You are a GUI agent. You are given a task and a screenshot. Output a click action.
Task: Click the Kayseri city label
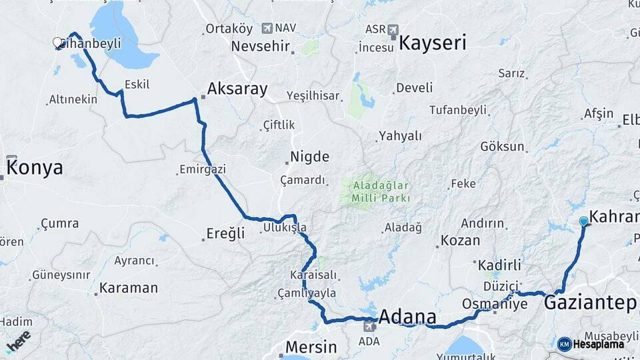point(433,43)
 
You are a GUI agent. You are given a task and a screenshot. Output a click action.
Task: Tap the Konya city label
point(35,167)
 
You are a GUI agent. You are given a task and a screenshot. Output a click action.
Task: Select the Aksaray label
point(237,88)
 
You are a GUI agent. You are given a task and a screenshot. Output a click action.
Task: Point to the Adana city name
point(407,317)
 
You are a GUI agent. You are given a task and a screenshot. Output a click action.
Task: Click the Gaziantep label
point(590,303)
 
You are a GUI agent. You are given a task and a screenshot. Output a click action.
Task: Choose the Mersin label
point(312,347)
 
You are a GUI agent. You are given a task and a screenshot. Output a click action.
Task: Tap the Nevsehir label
point(261,47)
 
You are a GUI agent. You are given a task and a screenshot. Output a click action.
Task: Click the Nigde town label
point(309,157)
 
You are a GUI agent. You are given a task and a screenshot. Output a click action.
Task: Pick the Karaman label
point(129,288)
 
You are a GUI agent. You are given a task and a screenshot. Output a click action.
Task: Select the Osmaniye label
point(495,304)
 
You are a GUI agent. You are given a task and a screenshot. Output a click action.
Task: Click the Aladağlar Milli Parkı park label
point(377,191)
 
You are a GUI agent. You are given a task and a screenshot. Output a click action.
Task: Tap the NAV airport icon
point(267,28)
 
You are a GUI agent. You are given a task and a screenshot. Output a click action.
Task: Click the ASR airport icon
point(392,29)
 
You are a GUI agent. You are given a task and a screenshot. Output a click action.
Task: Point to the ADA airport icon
point(370,327)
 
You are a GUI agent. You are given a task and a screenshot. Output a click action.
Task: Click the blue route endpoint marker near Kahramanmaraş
point(584,221)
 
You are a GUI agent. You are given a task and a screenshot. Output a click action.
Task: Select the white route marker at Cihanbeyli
point(58,43)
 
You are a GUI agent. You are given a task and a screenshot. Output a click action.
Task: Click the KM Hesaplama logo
point(591,344)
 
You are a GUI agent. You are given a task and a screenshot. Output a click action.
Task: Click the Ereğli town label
point(224,234)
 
